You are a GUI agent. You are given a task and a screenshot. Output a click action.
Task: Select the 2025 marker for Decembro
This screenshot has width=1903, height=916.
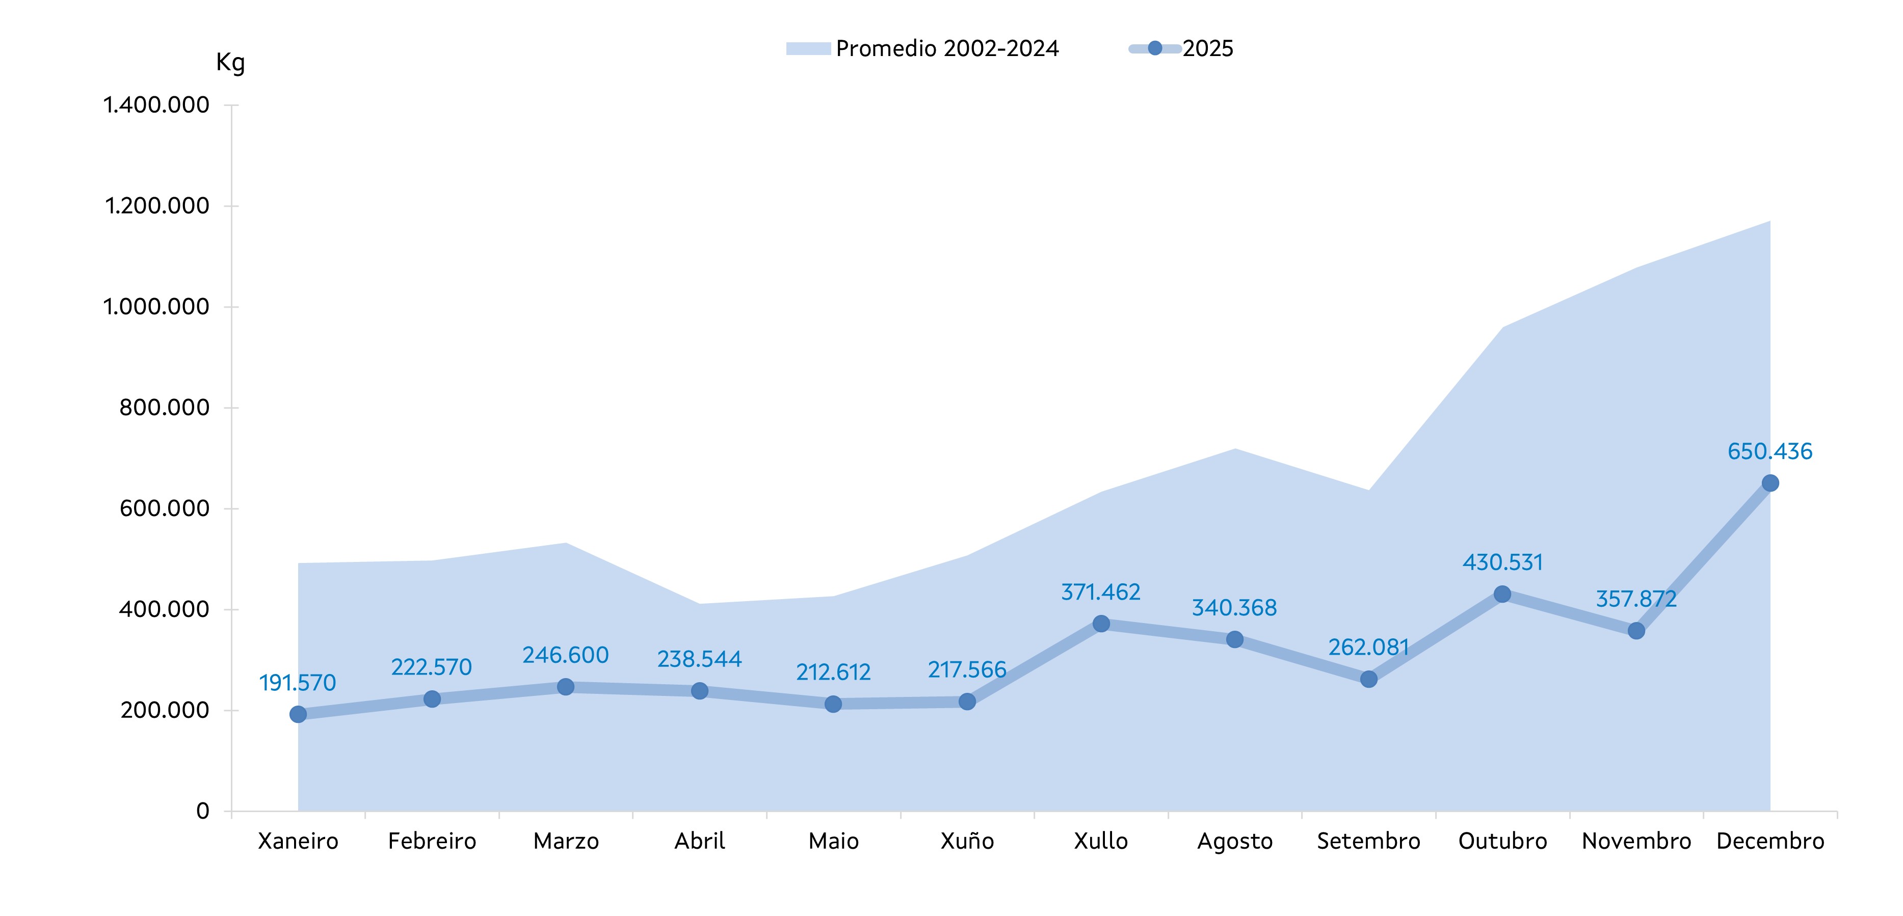[1770, 483]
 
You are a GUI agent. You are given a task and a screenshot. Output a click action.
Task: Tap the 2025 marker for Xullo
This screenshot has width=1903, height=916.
[1101, 624]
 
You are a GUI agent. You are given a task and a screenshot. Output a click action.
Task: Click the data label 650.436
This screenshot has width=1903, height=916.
[1769, 451]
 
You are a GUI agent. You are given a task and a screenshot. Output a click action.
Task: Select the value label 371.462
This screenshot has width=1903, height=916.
[1101, 591]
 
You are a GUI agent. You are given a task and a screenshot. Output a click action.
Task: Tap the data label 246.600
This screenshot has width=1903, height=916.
[565, 655]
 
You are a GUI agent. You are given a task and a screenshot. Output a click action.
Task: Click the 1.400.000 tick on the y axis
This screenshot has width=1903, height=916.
[156, 105]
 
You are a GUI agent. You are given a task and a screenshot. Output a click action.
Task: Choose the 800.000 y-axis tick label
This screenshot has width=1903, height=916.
[164, 408]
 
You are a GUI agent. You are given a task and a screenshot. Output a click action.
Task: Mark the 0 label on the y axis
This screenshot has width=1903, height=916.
[202, 811]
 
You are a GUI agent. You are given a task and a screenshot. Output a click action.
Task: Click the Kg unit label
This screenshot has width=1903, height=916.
[230, 63]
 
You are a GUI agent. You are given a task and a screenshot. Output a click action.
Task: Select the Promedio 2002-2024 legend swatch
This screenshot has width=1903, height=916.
[808, 49]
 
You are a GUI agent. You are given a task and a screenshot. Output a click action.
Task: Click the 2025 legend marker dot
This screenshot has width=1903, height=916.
[1155, 49]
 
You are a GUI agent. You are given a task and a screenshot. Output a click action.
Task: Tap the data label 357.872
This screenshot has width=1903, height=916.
[1636, 598]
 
